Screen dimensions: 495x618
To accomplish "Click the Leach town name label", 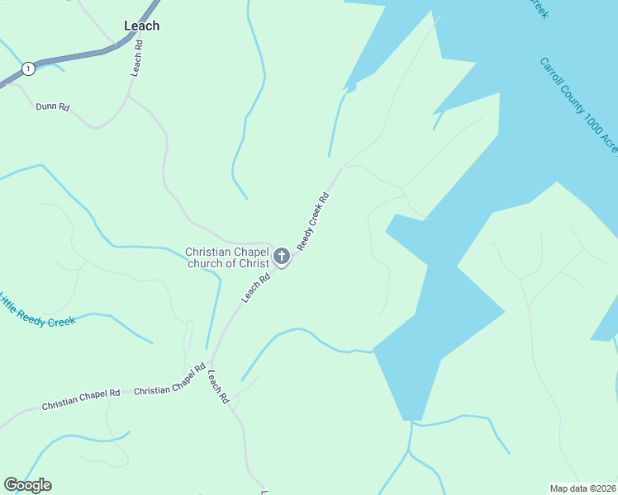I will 141,26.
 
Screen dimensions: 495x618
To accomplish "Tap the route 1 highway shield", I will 29,68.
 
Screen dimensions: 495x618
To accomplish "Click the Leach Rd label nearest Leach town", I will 138,60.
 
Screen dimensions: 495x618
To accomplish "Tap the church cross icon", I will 282,257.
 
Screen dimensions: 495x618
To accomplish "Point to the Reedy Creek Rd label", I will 314,221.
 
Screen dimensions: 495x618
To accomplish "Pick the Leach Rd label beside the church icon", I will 256,288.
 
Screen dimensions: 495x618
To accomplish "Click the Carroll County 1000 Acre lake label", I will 579,105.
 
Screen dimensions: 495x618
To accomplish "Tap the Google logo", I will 27,485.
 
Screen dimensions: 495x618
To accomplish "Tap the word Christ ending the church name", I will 252,264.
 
